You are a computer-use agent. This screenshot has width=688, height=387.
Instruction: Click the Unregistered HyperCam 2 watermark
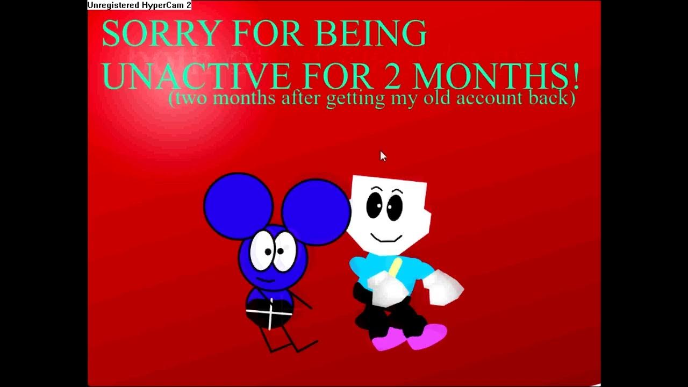tap(139, 5)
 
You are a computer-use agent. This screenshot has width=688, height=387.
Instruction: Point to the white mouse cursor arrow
tap(383, 156)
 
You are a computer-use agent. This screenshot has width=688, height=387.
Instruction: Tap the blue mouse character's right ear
tap(316, 212)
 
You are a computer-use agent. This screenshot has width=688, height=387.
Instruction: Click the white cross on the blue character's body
tap(270, 311)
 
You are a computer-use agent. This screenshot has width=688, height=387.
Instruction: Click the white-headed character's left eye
tap(375, 206)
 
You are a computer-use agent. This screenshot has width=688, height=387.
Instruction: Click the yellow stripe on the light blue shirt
tap(396, 267)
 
